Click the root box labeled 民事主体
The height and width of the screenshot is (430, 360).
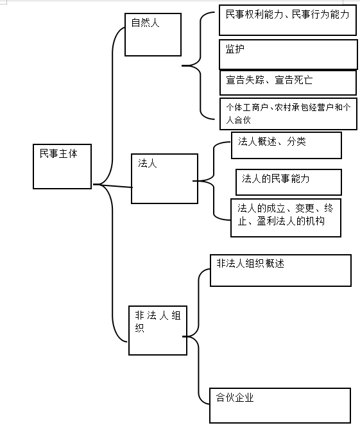[62, 166]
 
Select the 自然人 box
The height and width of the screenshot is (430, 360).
[153, 35]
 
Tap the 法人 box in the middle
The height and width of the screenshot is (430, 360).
[164, 179]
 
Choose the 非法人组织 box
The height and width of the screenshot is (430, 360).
[158, 331]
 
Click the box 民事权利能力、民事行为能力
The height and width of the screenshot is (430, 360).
[287, 20]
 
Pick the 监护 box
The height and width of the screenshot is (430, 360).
[288, 55]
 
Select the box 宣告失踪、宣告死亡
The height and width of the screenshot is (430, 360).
[288, 83]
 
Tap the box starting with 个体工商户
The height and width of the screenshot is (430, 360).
[288, 114]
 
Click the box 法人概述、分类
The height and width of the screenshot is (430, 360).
[286, 145]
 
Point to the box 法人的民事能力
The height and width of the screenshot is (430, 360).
[289, 182]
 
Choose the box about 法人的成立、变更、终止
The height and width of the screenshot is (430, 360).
[286, 218]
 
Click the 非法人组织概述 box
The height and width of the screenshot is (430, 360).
[281, 270]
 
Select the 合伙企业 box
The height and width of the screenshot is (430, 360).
[280, 406]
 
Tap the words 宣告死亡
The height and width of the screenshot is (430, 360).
[294, 80]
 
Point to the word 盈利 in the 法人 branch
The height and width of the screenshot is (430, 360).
[266, 221]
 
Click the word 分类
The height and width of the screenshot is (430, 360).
[296, 141]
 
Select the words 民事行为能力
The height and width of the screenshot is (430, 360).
[320, 14]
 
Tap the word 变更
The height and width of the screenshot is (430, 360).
[305, 209]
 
